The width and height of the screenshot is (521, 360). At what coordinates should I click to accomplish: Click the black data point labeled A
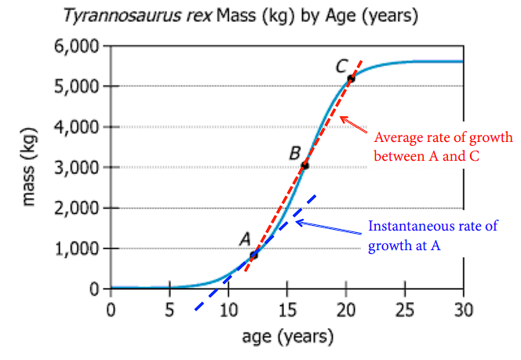[253, 255]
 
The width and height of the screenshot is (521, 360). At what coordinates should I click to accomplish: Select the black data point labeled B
[304, 165]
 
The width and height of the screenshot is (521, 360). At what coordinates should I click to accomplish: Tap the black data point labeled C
[351, 78]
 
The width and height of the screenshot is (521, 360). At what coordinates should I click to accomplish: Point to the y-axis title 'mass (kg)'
[29, 168]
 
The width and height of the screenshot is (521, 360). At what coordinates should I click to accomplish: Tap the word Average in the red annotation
[394, 138]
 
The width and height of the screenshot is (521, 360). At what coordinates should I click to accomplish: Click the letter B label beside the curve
[295, 151]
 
